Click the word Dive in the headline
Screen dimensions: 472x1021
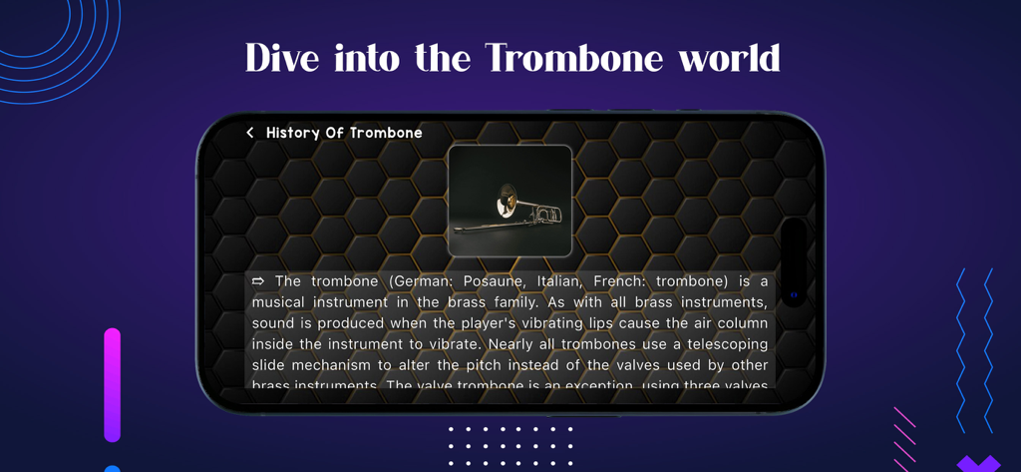pos(280,58)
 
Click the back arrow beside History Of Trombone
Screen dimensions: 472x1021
pos(250,133)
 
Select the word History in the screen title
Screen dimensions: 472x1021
pos(293,133)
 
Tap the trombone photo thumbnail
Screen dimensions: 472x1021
pos(510,201)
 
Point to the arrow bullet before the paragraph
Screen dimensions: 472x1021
pos(258,281)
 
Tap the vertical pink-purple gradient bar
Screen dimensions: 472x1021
pos(112,384)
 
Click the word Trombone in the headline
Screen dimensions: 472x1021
pos(574,58)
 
